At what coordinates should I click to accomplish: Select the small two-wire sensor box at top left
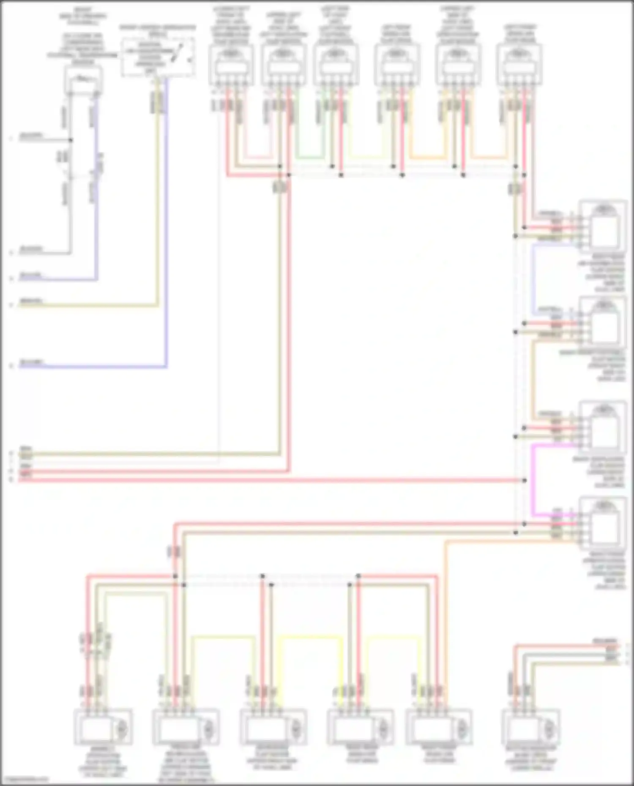click(83, 80)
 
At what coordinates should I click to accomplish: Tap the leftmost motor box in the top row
click(231, 65)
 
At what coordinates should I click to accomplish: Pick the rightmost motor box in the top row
click(519, 65)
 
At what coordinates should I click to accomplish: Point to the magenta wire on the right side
click(533, 481)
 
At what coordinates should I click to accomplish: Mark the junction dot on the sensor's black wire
click(71, 140)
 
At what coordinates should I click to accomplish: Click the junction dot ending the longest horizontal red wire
click(524, 481)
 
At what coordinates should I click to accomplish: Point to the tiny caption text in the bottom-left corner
click(24, 780)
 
